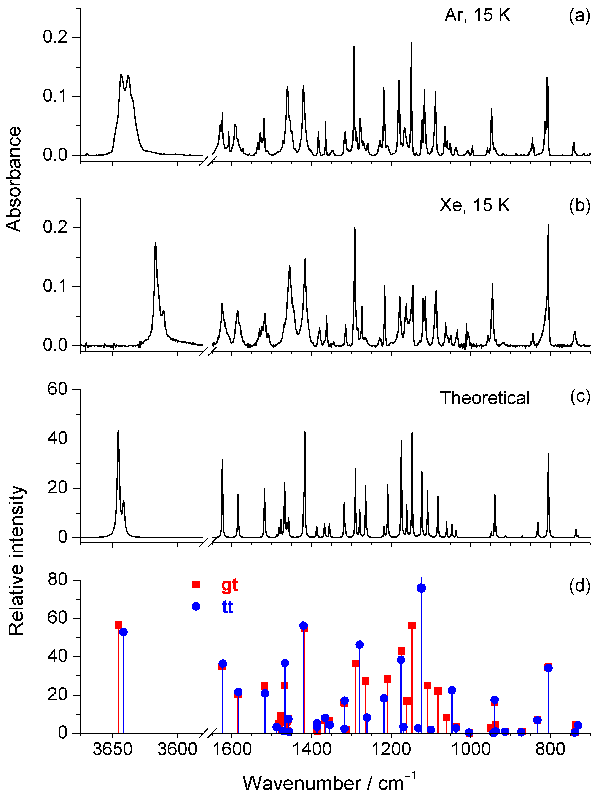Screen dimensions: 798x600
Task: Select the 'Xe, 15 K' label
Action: coord(474,206)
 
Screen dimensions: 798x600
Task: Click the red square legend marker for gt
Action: coord(196,584)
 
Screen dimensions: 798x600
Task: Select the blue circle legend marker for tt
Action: coord(196,606)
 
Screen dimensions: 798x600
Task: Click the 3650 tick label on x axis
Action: coord(113,750)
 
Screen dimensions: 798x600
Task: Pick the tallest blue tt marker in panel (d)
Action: coord(421,588)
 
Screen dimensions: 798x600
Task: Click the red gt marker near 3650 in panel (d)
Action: coord(118,625)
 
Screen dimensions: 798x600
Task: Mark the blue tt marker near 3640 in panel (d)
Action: coord(123,632)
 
